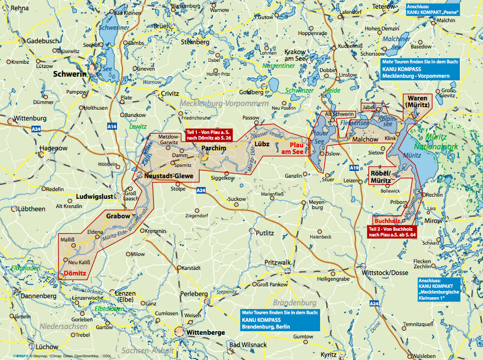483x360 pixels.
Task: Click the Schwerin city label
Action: coord(71,74)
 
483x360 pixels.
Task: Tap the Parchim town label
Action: coord(213,148)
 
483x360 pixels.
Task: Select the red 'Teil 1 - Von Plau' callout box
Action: coord(209,134)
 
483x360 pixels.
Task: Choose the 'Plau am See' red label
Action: coord(295,148)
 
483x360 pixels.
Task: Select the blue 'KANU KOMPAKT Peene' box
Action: coord(431,9)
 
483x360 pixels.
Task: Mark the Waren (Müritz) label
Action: coord(418,101)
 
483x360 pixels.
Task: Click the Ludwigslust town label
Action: coord(94,197)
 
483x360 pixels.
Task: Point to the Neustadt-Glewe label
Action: coord(169,176)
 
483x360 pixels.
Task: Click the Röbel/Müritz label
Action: coord(382,177)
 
